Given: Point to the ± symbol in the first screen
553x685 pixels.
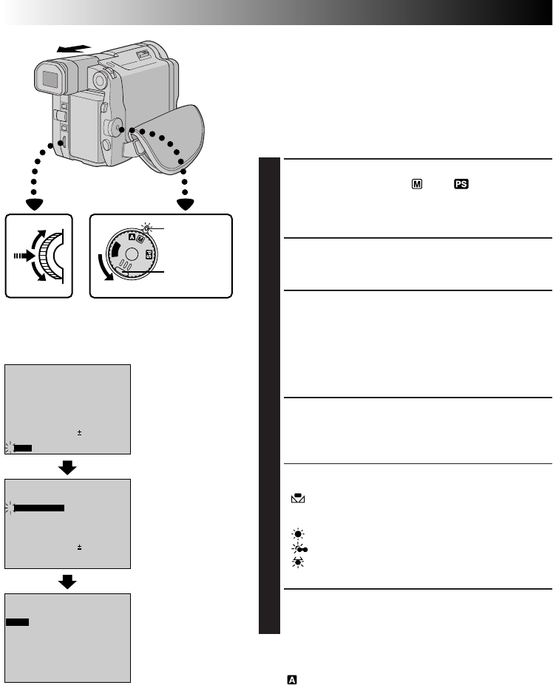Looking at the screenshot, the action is (79, 433).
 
